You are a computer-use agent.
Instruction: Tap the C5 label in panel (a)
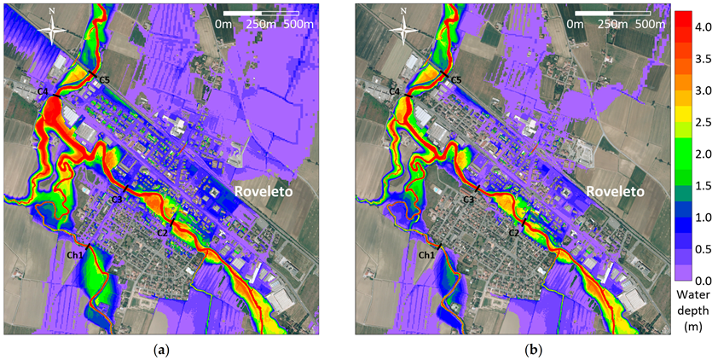(104, 80)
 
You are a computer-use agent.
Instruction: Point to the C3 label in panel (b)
(468, 200)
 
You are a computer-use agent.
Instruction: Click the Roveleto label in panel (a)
(263, 193)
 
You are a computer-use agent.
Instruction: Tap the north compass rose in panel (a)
(52, 29)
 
